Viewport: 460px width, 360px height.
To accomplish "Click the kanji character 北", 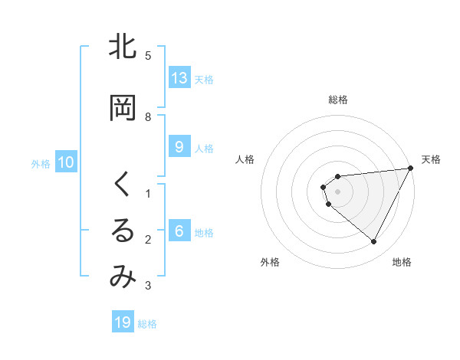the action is (x=122, y=47).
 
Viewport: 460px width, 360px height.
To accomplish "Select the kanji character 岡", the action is (x=122, y=108).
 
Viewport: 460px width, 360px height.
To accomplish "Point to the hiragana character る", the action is (x=122, y=231).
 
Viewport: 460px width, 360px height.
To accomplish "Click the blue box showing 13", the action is (x=179, y=78).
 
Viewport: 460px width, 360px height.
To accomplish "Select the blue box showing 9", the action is (x=179, y=147).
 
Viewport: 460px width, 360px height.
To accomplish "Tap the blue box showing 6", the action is (x=179, y=231).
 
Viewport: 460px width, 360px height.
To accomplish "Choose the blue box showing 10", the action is (x=66, y=162).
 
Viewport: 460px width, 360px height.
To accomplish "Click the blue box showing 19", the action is (x=123, y=322).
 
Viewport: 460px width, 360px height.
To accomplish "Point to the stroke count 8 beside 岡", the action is (x=148, y=117).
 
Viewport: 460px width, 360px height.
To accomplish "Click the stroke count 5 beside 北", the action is (x=148, y=56).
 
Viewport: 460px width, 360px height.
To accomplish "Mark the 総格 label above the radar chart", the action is (x=338, y=100).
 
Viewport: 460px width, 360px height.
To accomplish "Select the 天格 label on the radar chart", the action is (x=431, y=159).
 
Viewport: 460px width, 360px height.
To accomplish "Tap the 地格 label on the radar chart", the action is (x=402, y=262).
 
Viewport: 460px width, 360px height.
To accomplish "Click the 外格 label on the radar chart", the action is (x=270, y=262).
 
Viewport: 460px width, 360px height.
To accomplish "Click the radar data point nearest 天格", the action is (x=411, y=168).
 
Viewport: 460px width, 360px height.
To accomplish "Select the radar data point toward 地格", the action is (x=374, y=242).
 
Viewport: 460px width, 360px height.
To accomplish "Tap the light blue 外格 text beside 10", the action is (x=40, y=163).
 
